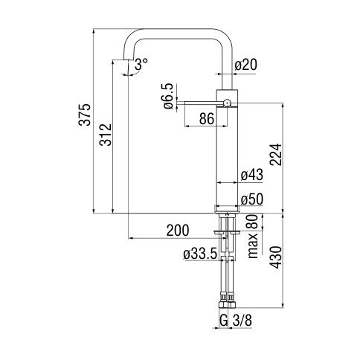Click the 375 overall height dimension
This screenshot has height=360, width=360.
click(85, 115)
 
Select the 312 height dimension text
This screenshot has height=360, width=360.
click(106, 135)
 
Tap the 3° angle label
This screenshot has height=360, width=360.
click(141, 64)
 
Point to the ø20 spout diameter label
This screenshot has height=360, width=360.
click(246, 65)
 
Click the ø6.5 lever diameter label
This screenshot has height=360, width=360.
click(168, 96)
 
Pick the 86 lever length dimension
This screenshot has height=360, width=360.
click(207, 118)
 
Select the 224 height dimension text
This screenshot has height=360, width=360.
click(276, 155)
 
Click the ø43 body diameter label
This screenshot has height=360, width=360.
click(252, 175)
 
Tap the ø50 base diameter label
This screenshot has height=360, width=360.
click(252, 199)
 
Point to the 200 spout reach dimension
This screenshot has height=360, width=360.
click(178, 230)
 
